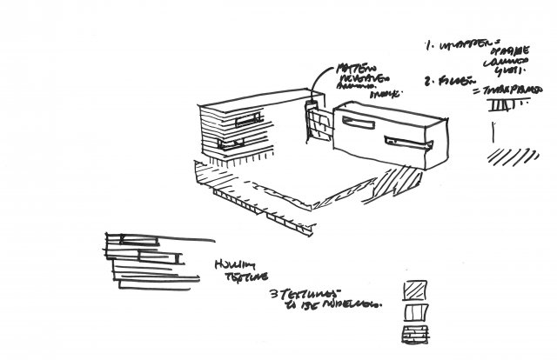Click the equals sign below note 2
pyautogui.click(x=476, y=90)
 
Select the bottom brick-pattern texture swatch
pyautogui.click(x=415, y=334)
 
